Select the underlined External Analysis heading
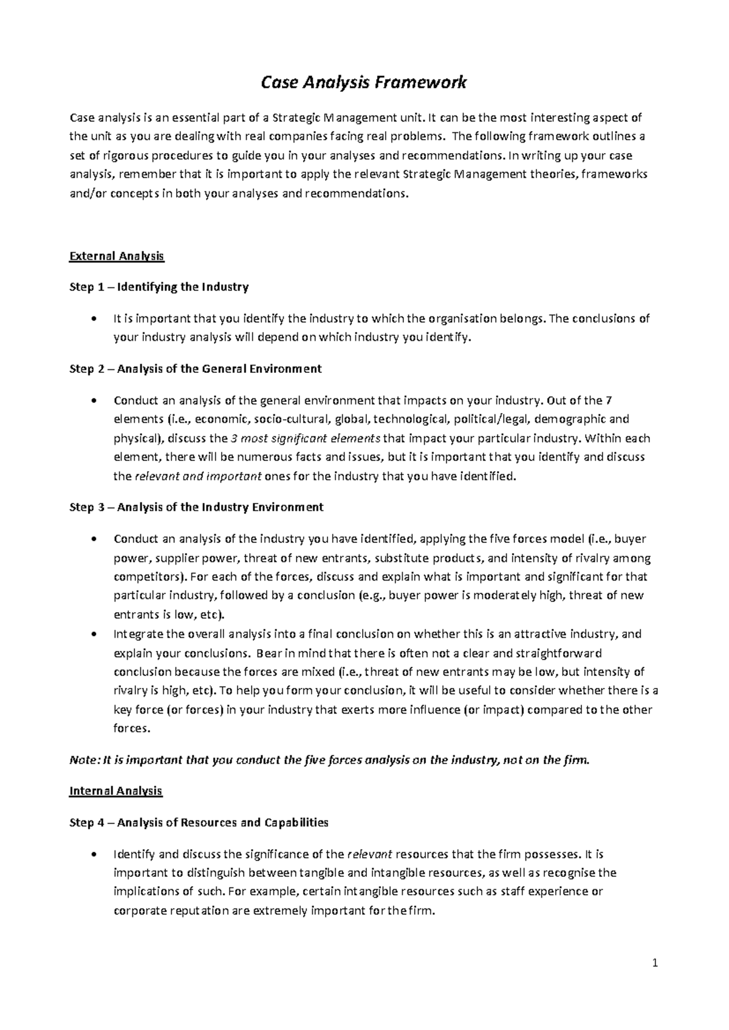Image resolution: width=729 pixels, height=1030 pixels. (117, 256)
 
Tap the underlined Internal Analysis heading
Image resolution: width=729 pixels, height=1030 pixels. (115, 791)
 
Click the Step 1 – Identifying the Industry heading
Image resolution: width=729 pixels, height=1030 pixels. (159, 287)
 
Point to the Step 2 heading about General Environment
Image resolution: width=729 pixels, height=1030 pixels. (196, 369)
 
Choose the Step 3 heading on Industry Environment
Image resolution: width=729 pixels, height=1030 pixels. (196, 507)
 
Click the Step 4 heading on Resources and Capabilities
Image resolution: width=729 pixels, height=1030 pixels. (199, 822)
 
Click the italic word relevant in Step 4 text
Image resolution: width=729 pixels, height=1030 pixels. (369, 854)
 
